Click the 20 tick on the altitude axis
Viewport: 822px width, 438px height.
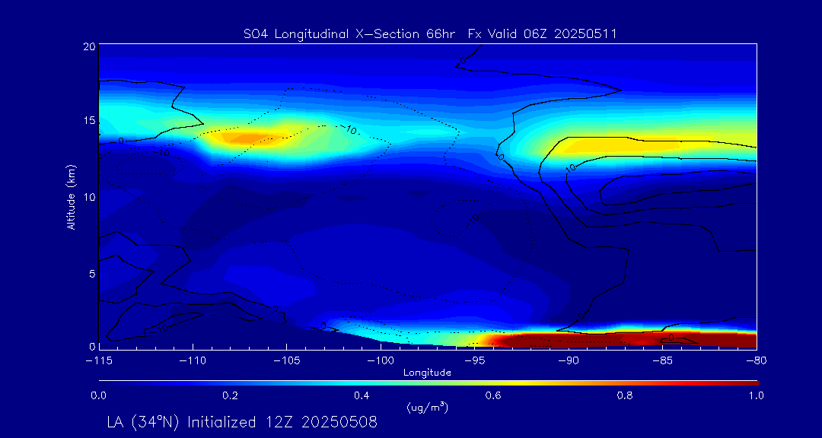click(89, 46)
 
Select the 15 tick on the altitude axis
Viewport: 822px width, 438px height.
click(89, 122)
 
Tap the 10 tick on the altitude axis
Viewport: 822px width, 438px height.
click(89, 197)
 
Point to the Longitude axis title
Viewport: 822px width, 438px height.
click(427, 373)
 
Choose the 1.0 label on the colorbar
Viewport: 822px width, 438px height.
click(756, 395)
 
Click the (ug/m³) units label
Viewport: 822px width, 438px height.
click(427, 408)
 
